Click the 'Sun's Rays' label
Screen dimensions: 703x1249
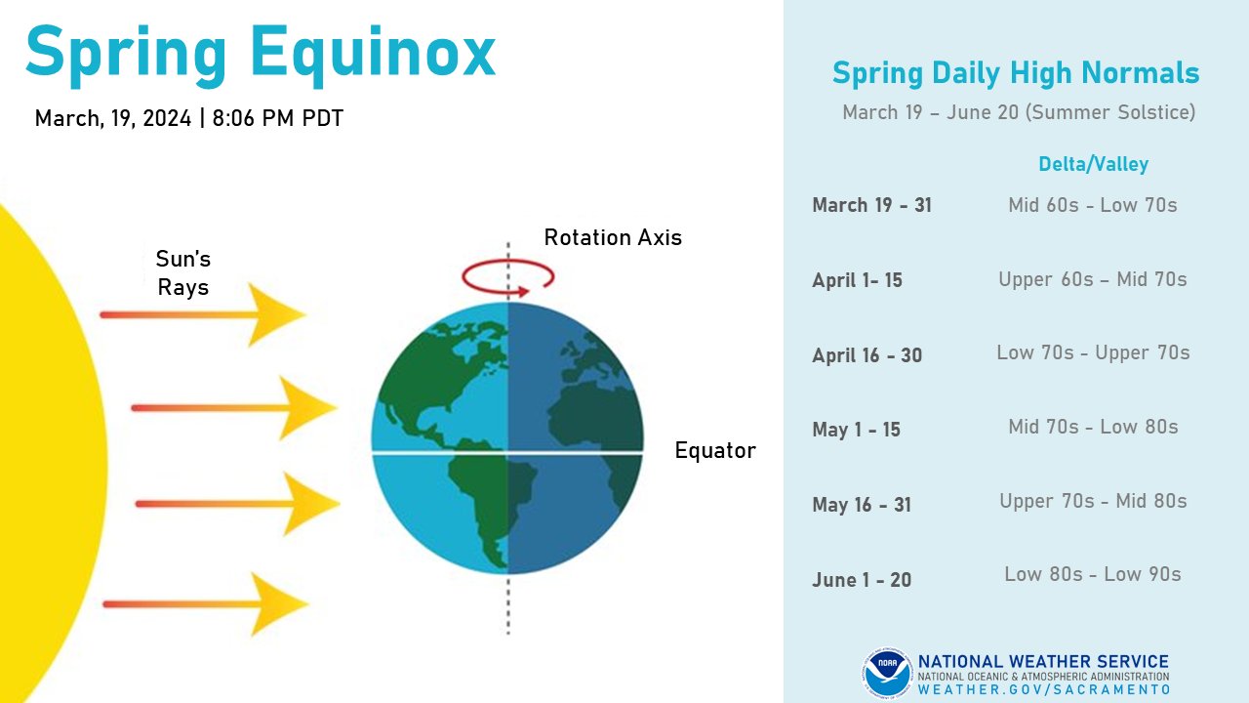183,273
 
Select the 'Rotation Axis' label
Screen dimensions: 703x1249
613,237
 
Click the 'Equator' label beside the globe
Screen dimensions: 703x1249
715,450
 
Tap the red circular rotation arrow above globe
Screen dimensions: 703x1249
507,276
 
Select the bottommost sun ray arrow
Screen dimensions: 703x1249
205,604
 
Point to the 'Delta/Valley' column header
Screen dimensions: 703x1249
1093,164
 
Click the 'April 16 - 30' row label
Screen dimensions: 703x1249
866,355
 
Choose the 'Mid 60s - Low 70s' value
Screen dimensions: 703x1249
1093,205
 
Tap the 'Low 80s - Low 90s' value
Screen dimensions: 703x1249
1093,574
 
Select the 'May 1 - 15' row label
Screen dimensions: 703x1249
856,430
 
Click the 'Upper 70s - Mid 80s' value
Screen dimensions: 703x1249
1093,501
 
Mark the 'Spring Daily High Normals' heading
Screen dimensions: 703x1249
1016,73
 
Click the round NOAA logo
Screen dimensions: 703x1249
887,674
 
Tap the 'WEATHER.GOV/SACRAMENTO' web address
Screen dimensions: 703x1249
1043,689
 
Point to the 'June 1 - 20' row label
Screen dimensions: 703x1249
862,580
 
